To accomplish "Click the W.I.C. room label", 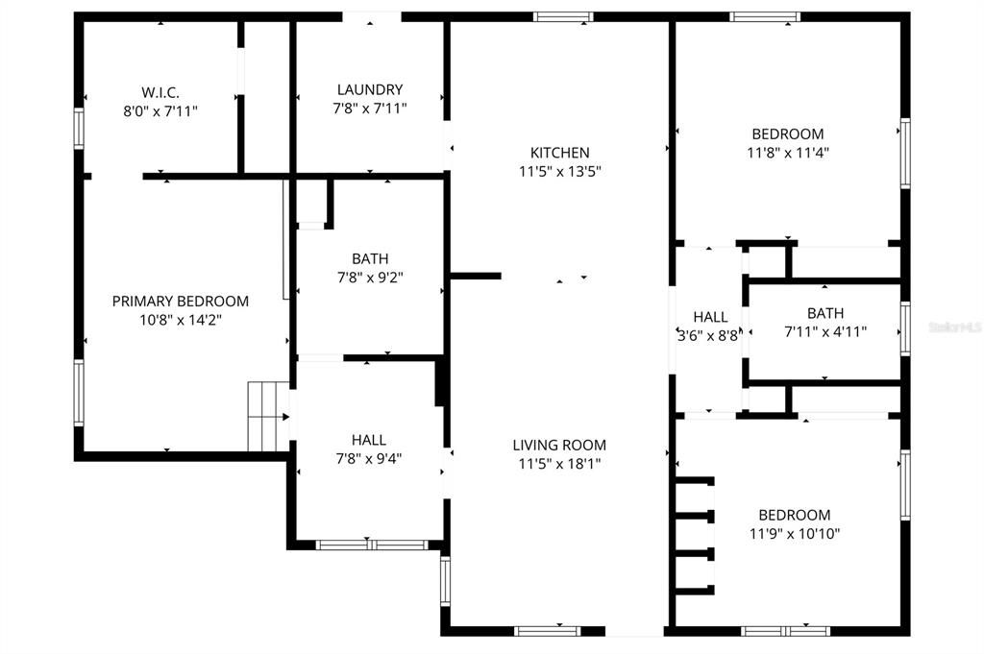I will (160, 92).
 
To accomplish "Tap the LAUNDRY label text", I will (370, 89).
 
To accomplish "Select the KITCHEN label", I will (560, 153).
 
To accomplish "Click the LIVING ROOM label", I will (559, 445).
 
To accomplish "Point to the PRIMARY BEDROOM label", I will (181, 301).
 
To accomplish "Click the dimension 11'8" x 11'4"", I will (787, 152).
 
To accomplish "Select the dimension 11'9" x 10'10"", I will (794, 533).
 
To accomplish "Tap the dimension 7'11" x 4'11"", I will (825, 331).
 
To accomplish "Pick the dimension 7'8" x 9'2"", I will (370, 277).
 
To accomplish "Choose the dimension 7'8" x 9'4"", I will (370, 458).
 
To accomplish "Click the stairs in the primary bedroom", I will (267, 416).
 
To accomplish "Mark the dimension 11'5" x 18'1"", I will (559, 463).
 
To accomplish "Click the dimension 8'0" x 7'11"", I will (160, 110).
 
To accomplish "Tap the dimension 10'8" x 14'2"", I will (181, 319).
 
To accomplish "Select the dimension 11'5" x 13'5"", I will (560, 171).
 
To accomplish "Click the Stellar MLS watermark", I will (954, 327).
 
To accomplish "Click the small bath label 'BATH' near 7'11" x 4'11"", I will (825, 313).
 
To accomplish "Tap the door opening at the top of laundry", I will (372, 16).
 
